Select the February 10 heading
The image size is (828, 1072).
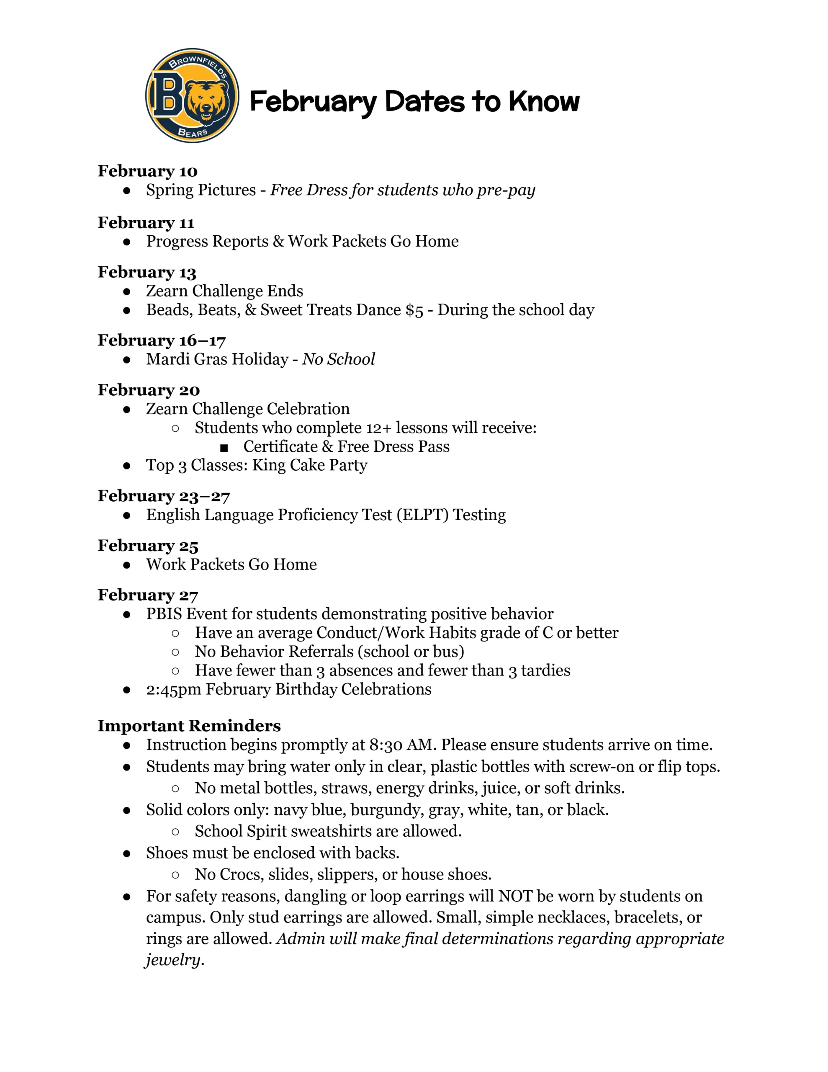click(x=147, y=171)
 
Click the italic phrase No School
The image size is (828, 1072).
click(x=338, y=359)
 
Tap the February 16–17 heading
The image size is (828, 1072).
click(x=162, y=340)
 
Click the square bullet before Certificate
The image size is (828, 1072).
click(x=224, y=447)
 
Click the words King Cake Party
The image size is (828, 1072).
click(x=310, y=465)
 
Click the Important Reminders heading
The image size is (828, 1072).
click(x=189, y=726)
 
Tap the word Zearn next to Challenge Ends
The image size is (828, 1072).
click(x=167, y=291)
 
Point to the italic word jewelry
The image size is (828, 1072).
click(x=173, y=960)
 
